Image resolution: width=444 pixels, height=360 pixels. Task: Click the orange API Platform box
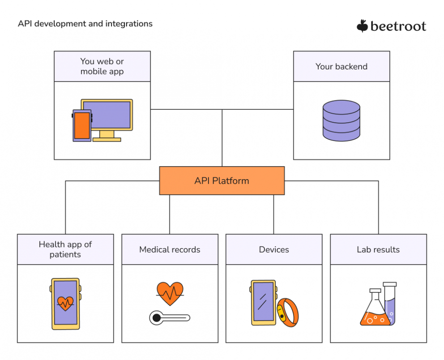[x=222, y=181]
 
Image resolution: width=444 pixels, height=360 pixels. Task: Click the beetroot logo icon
[x=362, y=26]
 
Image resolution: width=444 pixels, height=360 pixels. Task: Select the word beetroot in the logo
[x=398, y=26]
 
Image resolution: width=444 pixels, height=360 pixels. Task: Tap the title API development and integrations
[x=85, y=24]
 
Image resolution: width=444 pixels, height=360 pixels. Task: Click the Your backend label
[x=341, y=66]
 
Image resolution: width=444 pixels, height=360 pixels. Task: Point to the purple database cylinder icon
[x=341, y=120]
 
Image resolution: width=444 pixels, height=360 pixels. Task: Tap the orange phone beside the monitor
[x=82, y=125]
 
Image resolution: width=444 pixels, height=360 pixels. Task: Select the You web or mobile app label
[x=102, y=66]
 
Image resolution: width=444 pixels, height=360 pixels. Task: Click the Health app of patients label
[x=65, y=249]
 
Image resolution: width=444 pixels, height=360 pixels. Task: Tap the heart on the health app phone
[x=65, y=304]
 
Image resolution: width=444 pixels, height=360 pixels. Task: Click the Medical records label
[x=170, y=249]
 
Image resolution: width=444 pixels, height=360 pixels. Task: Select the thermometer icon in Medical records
[x=169, y=318]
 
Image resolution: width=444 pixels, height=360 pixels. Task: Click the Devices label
[x=274, y=249]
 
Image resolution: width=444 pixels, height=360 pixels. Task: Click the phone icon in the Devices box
[x=263, y=302]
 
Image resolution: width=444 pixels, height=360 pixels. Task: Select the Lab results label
[x=378, y=249]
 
